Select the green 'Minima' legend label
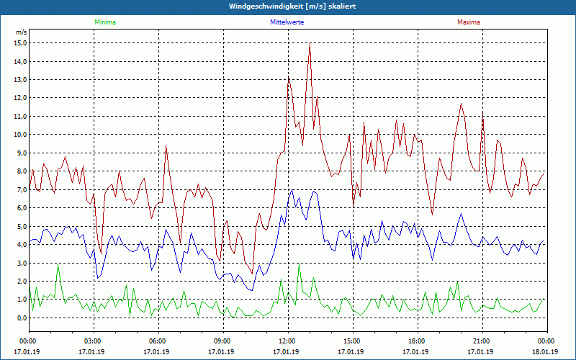[x=104, y=22]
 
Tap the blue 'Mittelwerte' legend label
[x=287, y=22]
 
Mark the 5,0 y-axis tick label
[x=21, y=226]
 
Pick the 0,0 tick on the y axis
[x=21, y=318]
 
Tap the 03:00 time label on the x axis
[x=93, y=341]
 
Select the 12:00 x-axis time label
[x=287, y=341]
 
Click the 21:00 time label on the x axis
[x=482, y=341]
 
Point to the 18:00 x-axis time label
[x=417, y=341]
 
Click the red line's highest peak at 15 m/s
[x=310, y=43]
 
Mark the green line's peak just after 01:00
[x=58, y=264]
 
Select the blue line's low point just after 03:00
[x=98, y=277]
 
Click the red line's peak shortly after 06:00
[x=166, y=146]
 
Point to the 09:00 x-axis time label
[x=222, y=341]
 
